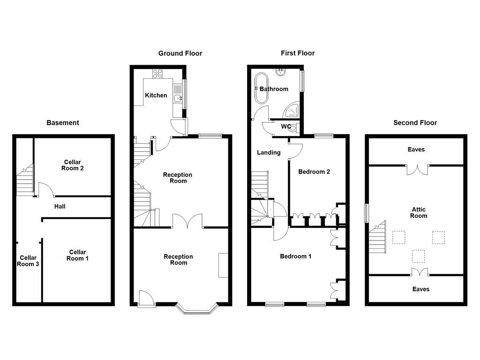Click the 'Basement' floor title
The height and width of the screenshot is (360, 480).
pyautogui.click(x=63, y=123)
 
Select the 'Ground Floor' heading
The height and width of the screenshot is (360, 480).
pyautogui.click(x=180, y=53)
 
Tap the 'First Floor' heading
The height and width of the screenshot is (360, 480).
pyautogui.click(x=298, y=53)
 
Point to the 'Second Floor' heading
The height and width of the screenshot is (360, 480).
pyautogui.click(x=415, y=123)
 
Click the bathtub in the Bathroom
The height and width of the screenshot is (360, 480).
pyautogui.click(x=260, y=89)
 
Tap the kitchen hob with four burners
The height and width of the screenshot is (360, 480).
pyautogui.click(x=157, y=74)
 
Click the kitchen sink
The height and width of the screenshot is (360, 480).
pyautogui.click(x=178, y=98)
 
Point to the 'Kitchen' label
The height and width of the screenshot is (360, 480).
pyautogui.click(x=156, y=95)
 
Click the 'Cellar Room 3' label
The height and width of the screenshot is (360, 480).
pyautogui.click(x=28, y=261)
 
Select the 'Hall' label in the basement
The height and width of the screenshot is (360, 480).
pyautogui.click(x=60, y=206)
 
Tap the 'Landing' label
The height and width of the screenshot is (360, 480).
pyautogui.click(x=269, y=152)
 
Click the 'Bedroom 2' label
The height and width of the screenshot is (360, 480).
pyautogui.click(x=314, y=172)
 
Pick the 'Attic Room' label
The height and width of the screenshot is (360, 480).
pyautogui.click(x=418, y=213)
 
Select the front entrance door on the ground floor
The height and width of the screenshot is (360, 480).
pyautogui.click(x=146, y=299)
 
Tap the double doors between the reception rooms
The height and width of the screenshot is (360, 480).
pyautogui.click(x=187, y=222)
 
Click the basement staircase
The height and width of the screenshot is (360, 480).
pyautogui.click(x=25, y=180)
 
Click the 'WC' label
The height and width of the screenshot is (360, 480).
pyautogui.click(x=286, y=127)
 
